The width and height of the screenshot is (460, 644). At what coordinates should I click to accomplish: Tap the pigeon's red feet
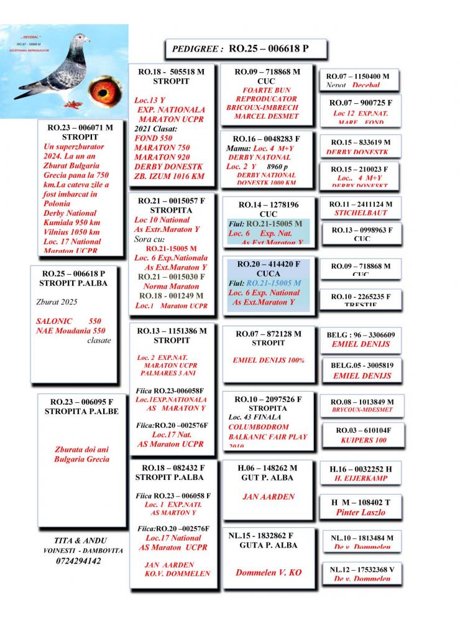tap(73, 103)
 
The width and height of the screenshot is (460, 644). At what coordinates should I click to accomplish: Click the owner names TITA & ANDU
tap(80, 540)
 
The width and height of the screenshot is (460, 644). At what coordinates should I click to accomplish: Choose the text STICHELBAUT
tap(361, 213)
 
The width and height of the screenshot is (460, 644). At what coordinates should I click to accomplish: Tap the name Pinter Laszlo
tap(361, 513)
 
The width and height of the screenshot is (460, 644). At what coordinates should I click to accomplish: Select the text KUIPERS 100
tap(364, 440)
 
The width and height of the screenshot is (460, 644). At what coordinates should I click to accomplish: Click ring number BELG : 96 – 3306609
tap(361, 334)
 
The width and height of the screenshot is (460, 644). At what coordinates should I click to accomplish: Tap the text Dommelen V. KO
tap(269, 572)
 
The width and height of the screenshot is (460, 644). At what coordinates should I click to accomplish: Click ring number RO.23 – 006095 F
tap(81, 402)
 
